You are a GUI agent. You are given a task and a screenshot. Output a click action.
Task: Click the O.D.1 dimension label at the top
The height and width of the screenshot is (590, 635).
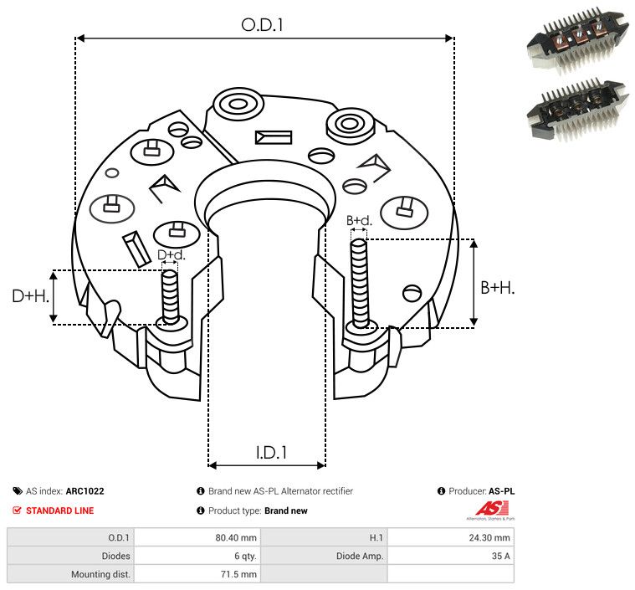[x=263, y=25]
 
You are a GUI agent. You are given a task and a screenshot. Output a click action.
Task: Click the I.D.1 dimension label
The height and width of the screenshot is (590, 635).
[x=271, y=453]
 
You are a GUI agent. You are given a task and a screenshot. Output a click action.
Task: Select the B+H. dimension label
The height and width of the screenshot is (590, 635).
[x=497, y=287]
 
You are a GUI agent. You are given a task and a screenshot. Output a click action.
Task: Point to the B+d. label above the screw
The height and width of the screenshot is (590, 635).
[x=359, y=221]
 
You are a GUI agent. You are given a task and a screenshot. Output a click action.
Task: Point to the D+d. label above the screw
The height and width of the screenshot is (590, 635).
[x=171, y=254]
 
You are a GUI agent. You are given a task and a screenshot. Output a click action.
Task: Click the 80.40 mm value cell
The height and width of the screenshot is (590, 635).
[x=238, y=537]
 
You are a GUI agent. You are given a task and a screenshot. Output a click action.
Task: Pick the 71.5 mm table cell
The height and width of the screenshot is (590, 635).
[x=240, y=574]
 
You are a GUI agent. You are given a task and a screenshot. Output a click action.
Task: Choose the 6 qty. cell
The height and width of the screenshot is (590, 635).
[x=242, y=556]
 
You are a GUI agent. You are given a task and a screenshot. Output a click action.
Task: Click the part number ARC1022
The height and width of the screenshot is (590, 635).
[x=87, y=491]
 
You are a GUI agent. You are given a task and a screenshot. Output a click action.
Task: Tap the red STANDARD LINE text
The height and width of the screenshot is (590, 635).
[x=59, y=510]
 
